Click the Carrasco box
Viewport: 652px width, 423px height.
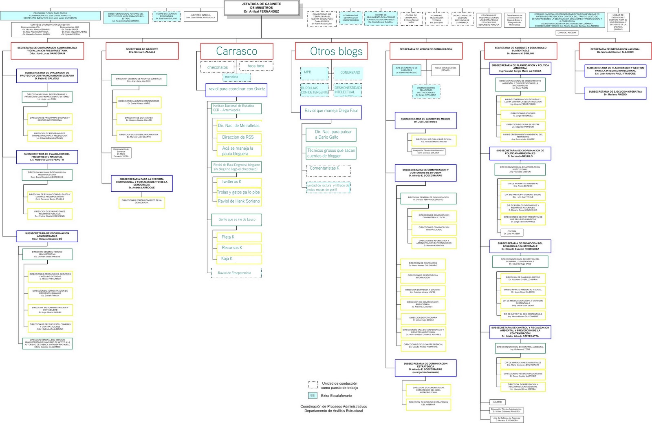click(236, 51)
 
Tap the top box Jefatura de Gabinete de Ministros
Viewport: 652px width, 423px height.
click(261, 7)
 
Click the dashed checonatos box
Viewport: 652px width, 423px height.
click(218, 67)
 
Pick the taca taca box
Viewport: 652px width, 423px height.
click(256, 66)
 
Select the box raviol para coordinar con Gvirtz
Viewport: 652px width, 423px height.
click(236, 89)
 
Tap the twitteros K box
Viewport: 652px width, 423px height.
click(236, 182)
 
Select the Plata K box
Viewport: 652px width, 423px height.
click(236, 237)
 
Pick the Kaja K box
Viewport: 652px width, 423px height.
click(236, 259)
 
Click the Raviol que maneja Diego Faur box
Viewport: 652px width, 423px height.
click(331, 111)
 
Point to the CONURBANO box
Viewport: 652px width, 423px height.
click(348, 73)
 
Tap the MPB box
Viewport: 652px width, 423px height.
click(314, 73)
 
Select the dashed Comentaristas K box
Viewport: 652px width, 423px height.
click(328, 168)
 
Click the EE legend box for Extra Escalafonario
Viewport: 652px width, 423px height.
click(313, 395)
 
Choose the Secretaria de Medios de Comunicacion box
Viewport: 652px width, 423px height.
click(426, 49)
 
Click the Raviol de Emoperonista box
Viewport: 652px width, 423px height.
click(236, 273)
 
